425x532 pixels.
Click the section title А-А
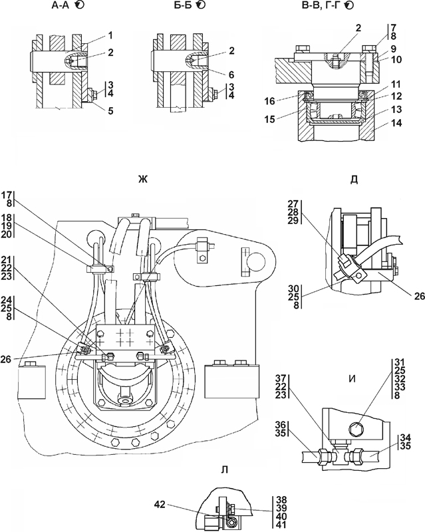tap(60, 5)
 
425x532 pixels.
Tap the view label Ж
tap(142, 179)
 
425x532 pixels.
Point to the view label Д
tap(354, 179)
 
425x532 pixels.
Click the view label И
tap(353, 378)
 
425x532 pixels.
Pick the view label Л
tap(224, 469)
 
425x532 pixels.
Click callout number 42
tap(160, 505)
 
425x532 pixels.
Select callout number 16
tap(271, 101)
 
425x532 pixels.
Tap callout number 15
tap(270, 120)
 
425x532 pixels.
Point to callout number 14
tap(396, 123)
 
